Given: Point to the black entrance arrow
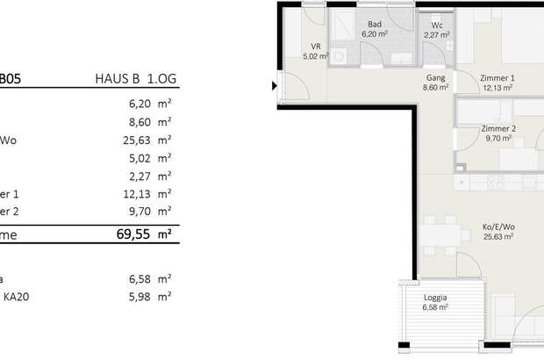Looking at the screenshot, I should [274, 86].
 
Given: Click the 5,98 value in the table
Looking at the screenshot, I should [134, 297].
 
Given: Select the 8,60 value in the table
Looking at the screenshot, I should [134, 120].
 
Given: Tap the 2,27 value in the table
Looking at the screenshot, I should [134, 176].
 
